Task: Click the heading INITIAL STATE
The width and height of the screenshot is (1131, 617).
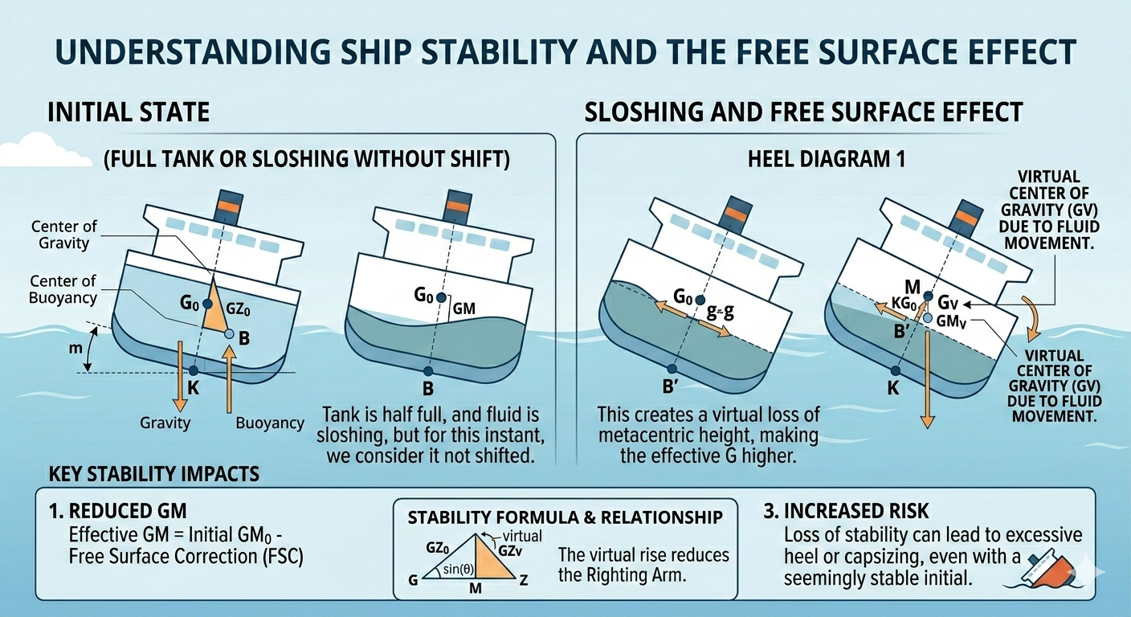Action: [129, 111]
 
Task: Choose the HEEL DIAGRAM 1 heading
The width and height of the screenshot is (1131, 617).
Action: [824, 158]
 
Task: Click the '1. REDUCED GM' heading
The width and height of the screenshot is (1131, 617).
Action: [120, 511]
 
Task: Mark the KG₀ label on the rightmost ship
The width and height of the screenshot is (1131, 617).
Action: [902, 305]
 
